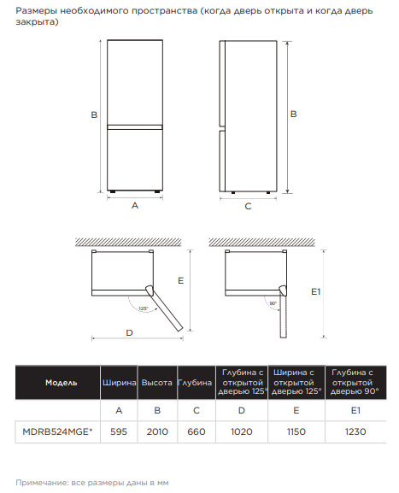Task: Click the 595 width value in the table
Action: tap(119, 431)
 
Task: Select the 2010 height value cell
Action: tap(157, 431)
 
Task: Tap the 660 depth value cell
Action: tap(197, 431)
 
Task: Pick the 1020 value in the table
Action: tap(242, 431)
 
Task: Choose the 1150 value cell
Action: tap(296, 431)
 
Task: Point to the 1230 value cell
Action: tap(355, 431)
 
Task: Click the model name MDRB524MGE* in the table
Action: tap(57, 431)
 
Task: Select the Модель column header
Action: tap(62, 383)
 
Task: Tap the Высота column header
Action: tap(157, 383)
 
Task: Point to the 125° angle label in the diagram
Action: tap(143, 308)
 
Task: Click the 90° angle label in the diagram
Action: tap(273, 303)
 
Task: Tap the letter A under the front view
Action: tap(135, 206)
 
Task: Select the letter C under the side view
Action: tap(248, 206)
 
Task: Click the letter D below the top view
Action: tap(129, 332)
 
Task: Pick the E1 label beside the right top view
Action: tap(315, 291)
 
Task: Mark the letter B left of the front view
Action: tap(94, 115)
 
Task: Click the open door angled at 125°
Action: tap(165, 308)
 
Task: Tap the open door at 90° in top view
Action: tap(284, 312)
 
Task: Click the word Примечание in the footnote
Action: tap(40, 483)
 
